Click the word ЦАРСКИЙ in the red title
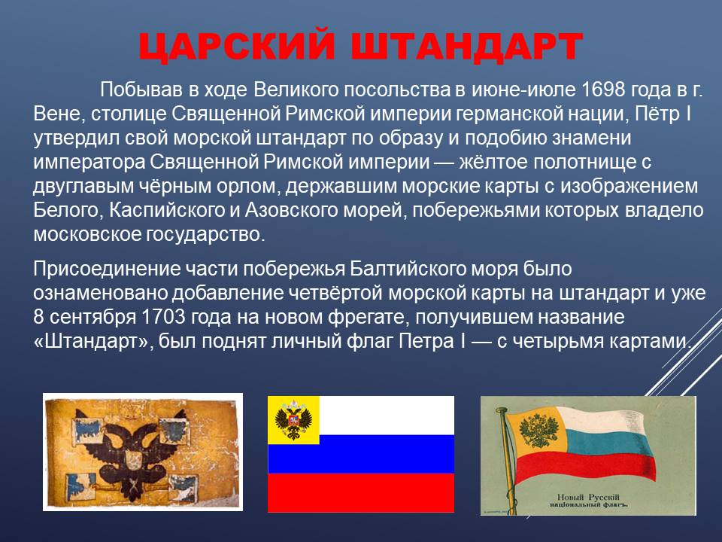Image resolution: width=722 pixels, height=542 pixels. point(237,47)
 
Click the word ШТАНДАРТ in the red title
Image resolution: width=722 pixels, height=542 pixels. point(468,47)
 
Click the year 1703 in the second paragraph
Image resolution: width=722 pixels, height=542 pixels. point(163,317)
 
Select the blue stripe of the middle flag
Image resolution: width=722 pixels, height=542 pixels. point(361,454)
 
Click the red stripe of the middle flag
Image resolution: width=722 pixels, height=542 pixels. point(361,492)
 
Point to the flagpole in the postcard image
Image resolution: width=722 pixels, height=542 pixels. point(507,461)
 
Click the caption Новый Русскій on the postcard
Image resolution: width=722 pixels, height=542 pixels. point(588,498)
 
